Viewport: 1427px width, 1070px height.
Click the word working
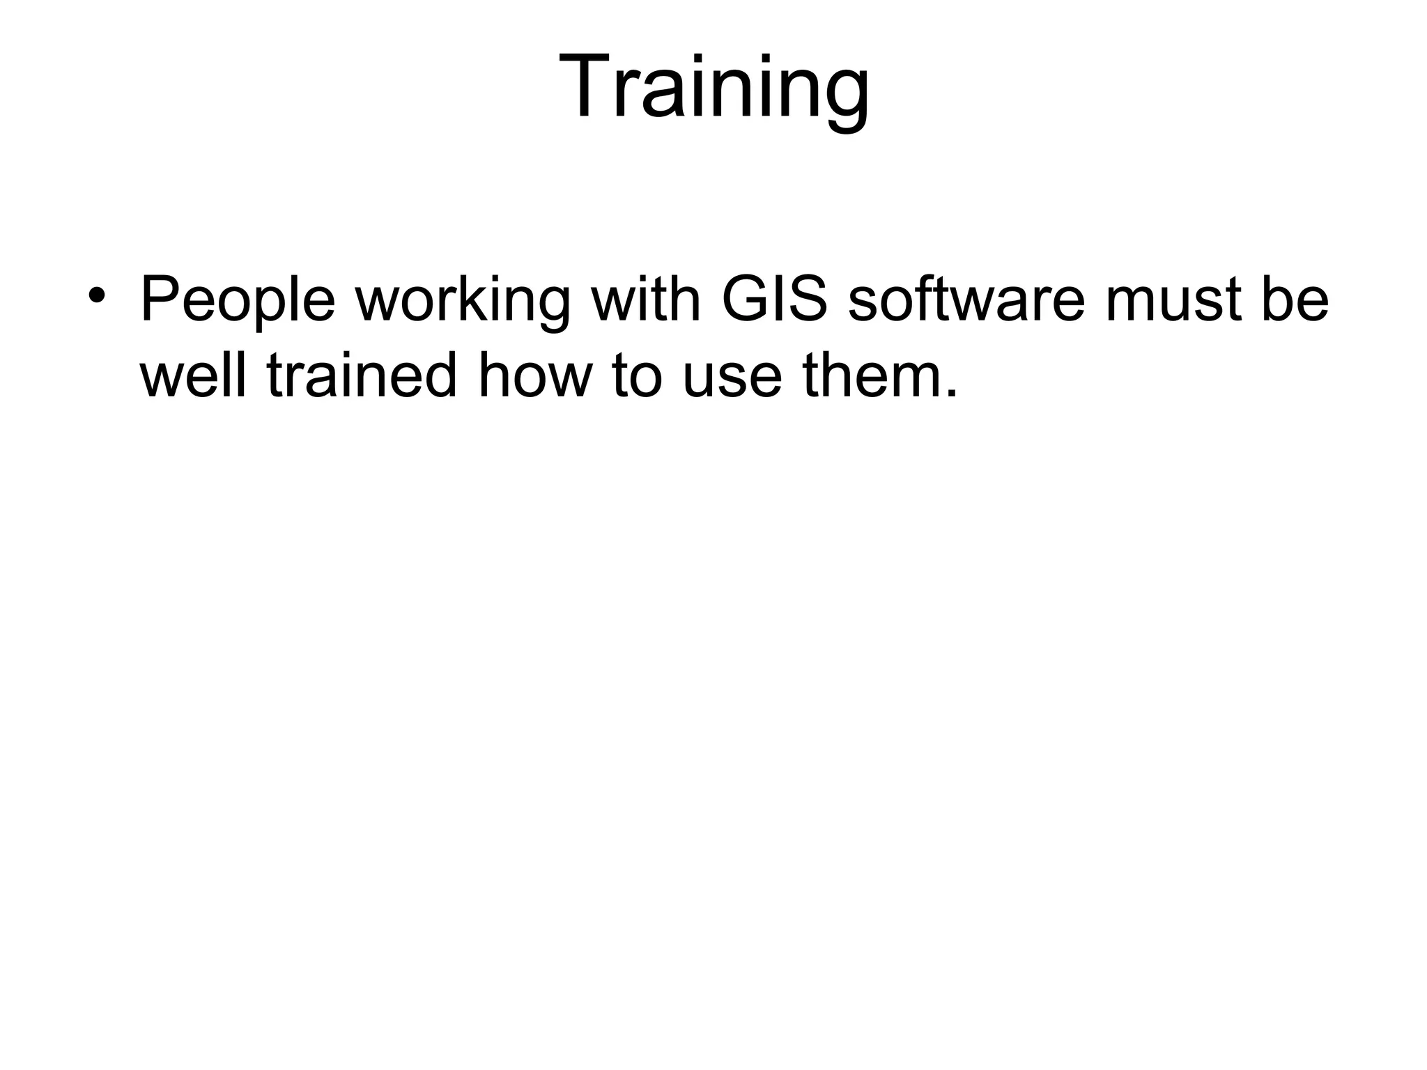pyautogui.click(x=463, y=301)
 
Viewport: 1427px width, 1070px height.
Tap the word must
pyautogui.click(x=1170, y=300)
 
